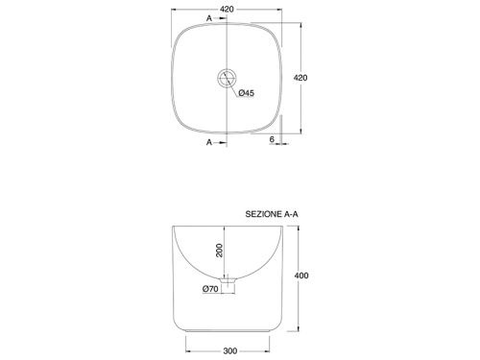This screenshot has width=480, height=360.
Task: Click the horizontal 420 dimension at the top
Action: (x=227, y=10)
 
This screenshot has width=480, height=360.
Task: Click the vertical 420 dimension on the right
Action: (x=300, y=78)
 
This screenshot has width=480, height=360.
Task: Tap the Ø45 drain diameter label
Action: (x=247, y=93)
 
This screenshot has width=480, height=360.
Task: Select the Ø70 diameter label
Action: (x=210, y=289)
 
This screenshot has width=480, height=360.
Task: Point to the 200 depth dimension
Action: (x=220, y=251)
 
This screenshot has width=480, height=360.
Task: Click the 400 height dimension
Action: (x=301, y=276)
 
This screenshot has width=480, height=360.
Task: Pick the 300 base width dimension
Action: (x=230, y=351)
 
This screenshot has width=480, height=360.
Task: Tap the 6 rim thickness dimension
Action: (x=272, y=139)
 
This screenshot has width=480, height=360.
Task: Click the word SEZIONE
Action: (x=264, y=214)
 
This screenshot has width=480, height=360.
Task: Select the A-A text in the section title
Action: (x=291, y=214)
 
